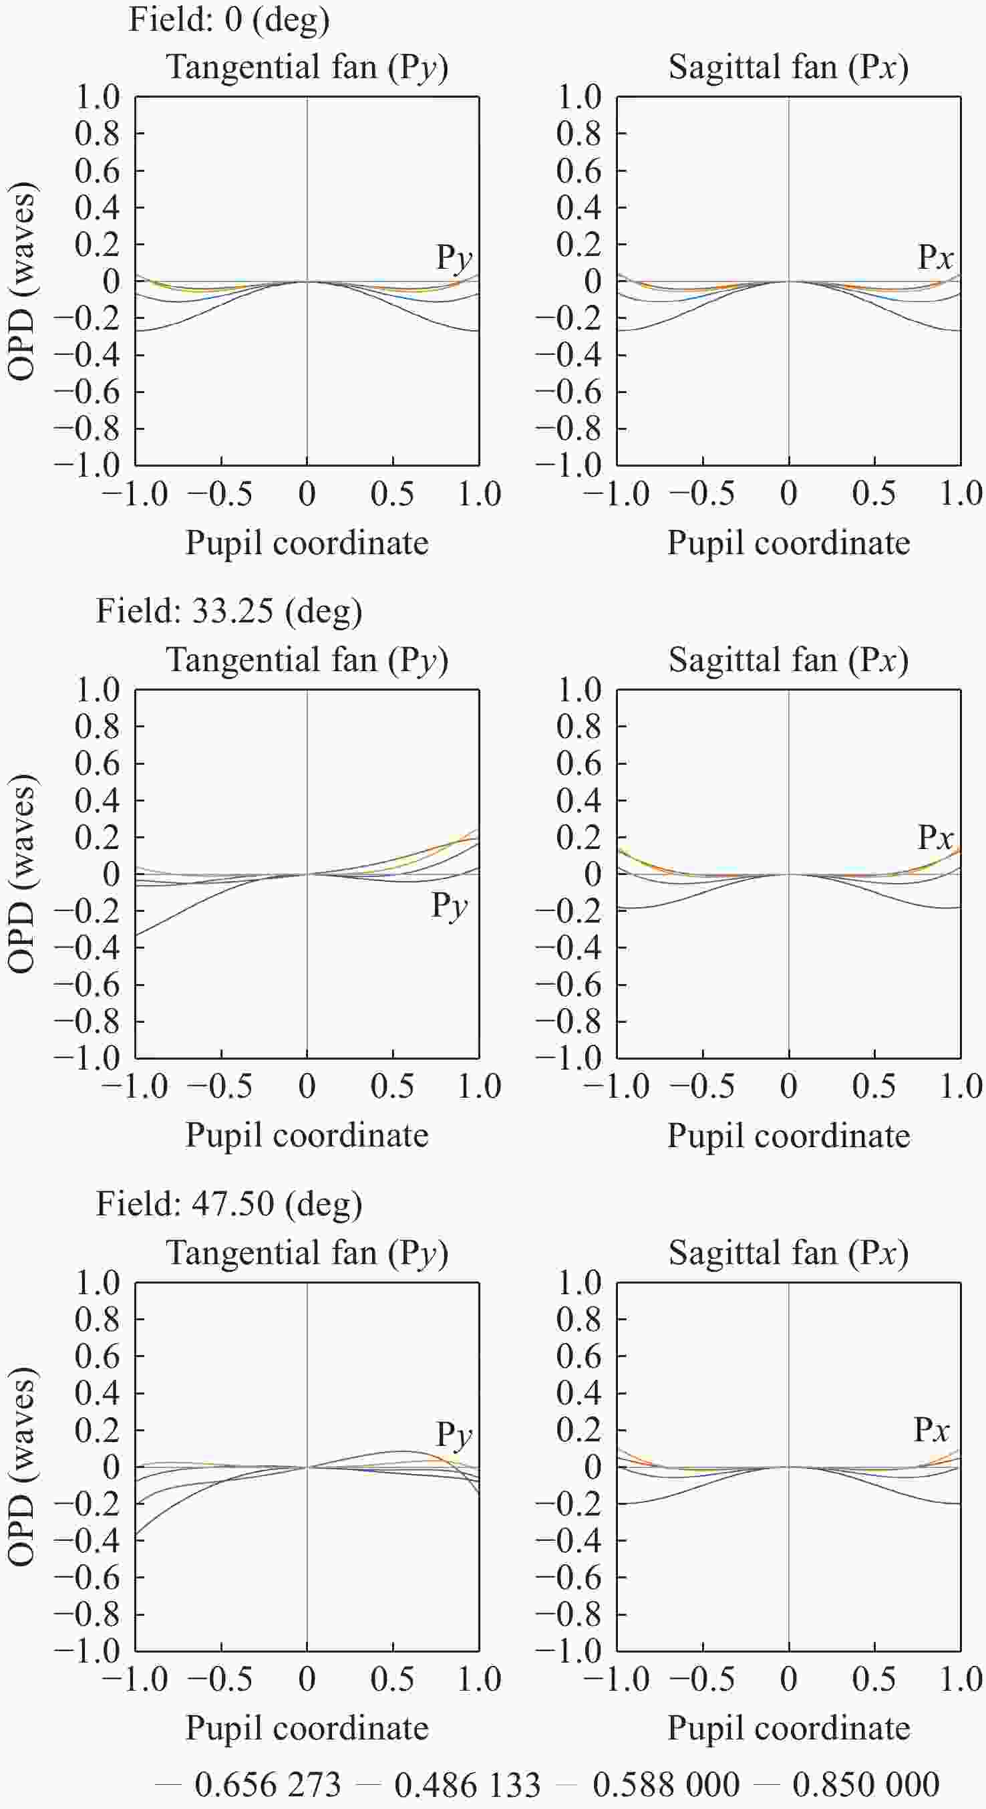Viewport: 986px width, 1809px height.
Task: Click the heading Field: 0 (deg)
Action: [x=228, y=19]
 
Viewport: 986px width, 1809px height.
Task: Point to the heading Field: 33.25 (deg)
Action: [x=228, y=611]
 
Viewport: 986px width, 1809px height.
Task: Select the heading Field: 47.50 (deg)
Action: [x=228, y=1203]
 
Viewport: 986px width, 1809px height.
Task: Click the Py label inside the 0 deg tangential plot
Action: [x=454, y=259]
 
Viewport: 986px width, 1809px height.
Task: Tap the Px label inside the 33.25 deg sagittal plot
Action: [x=935, y=837]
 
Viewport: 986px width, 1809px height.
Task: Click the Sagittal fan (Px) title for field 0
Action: [x=788, y=68]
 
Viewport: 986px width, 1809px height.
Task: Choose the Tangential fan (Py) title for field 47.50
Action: [x=307, y=1253]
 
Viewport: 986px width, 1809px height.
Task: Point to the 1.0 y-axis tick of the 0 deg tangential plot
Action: [x=98, y=97]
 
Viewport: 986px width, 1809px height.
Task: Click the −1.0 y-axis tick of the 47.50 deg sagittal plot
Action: [x=569, y=1651]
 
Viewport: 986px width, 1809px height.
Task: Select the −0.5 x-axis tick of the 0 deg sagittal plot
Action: [x=703, y=493]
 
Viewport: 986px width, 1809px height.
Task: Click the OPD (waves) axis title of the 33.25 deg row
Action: [x=21, y=874]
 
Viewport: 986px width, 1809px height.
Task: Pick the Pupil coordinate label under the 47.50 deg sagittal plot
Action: [x=788, y=1728]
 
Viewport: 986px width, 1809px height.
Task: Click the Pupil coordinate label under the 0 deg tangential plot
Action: [x=307, y=543]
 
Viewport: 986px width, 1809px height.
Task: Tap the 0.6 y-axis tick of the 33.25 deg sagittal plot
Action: [x=579, y=763]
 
